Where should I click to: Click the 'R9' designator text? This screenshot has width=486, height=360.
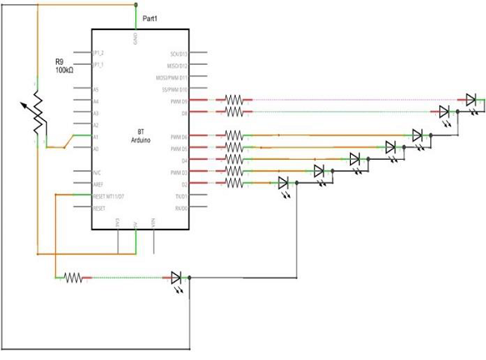pos(60,62)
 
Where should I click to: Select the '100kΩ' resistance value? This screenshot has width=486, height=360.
pos(65,72)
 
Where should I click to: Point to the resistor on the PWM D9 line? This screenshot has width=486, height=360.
pos(234,100)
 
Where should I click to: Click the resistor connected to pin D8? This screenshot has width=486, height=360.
pos(234,113)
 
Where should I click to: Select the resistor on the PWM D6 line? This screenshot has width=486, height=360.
pos(234,135)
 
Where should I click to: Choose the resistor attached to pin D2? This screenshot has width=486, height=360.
pos(234,184)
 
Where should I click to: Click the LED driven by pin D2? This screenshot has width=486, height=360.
pos(283,183)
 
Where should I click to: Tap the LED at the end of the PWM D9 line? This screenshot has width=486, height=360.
pos(471,100)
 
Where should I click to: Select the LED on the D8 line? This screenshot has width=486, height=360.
pos(444,112)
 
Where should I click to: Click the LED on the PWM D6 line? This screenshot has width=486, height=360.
pos(417,135)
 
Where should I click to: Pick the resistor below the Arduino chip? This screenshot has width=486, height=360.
pos(73,277)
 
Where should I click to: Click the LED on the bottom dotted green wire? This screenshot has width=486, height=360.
pos(177,277)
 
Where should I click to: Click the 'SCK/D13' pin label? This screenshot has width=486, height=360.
pos(178,53)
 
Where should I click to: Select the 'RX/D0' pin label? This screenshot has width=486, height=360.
pos(179,208)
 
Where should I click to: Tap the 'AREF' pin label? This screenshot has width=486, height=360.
pos(98,184)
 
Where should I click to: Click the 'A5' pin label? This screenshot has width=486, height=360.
pos(96,89)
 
